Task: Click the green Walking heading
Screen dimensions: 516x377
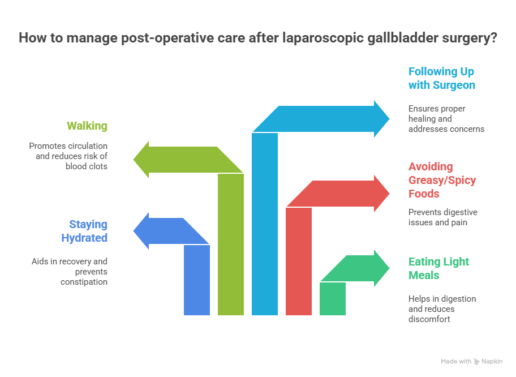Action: [87, 126]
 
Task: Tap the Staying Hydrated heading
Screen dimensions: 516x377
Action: [84, 231]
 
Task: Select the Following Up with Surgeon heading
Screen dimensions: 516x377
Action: [442, 78]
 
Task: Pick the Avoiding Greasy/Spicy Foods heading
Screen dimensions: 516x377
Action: [442, 180]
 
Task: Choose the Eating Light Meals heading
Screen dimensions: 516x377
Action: [438, 268]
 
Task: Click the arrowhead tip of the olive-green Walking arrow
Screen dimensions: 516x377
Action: [134, 160]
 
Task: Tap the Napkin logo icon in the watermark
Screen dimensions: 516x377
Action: [476, 362]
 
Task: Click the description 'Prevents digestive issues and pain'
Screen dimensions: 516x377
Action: [442, 217]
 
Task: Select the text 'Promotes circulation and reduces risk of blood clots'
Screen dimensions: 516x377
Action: [68, 156]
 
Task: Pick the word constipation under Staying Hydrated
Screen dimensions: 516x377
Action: [84, 282]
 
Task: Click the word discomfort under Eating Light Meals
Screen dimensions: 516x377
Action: [429, 319]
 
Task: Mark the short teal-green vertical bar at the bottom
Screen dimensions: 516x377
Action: [333, 299]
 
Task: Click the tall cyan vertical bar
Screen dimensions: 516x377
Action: [265, 224]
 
